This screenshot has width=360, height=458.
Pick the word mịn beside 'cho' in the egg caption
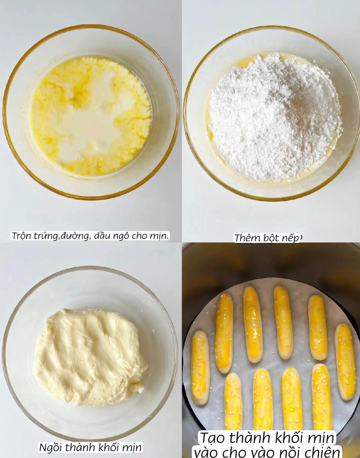pyautogui.click(x=160, y=236)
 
